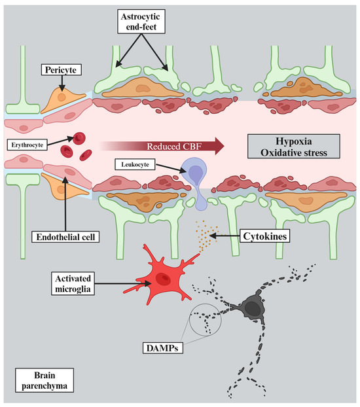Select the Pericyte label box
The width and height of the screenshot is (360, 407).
tap(61, 69)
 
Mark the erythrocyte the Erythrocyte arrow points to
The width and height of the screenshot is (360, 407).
tap(79, 138)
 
